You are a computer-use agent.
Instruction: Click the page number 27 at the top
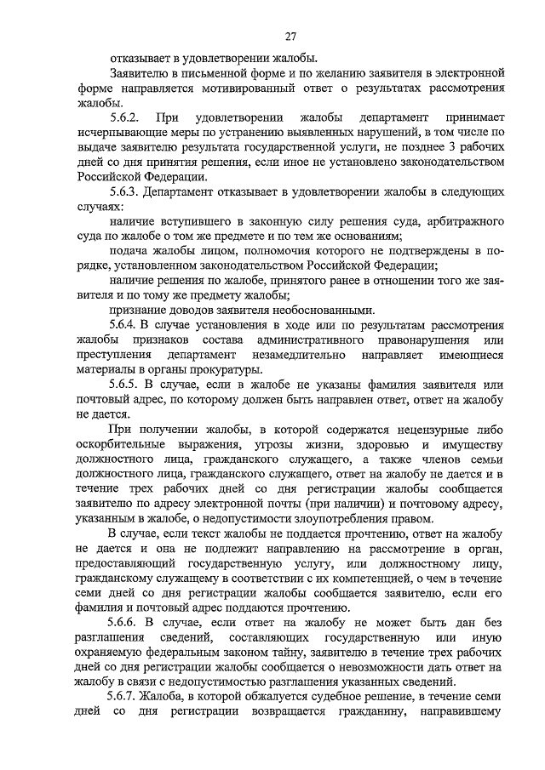tap(290, 36)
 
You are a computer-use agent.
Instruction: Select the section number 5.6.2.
tap(126, 117)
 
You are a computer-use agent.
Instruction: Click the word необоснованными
tap(341, 310)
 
